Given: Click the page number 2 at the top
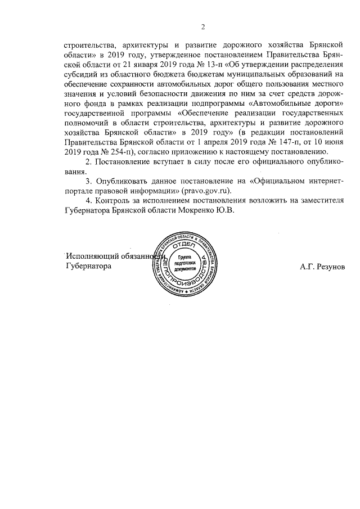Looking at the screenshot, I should click(203, 26).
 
